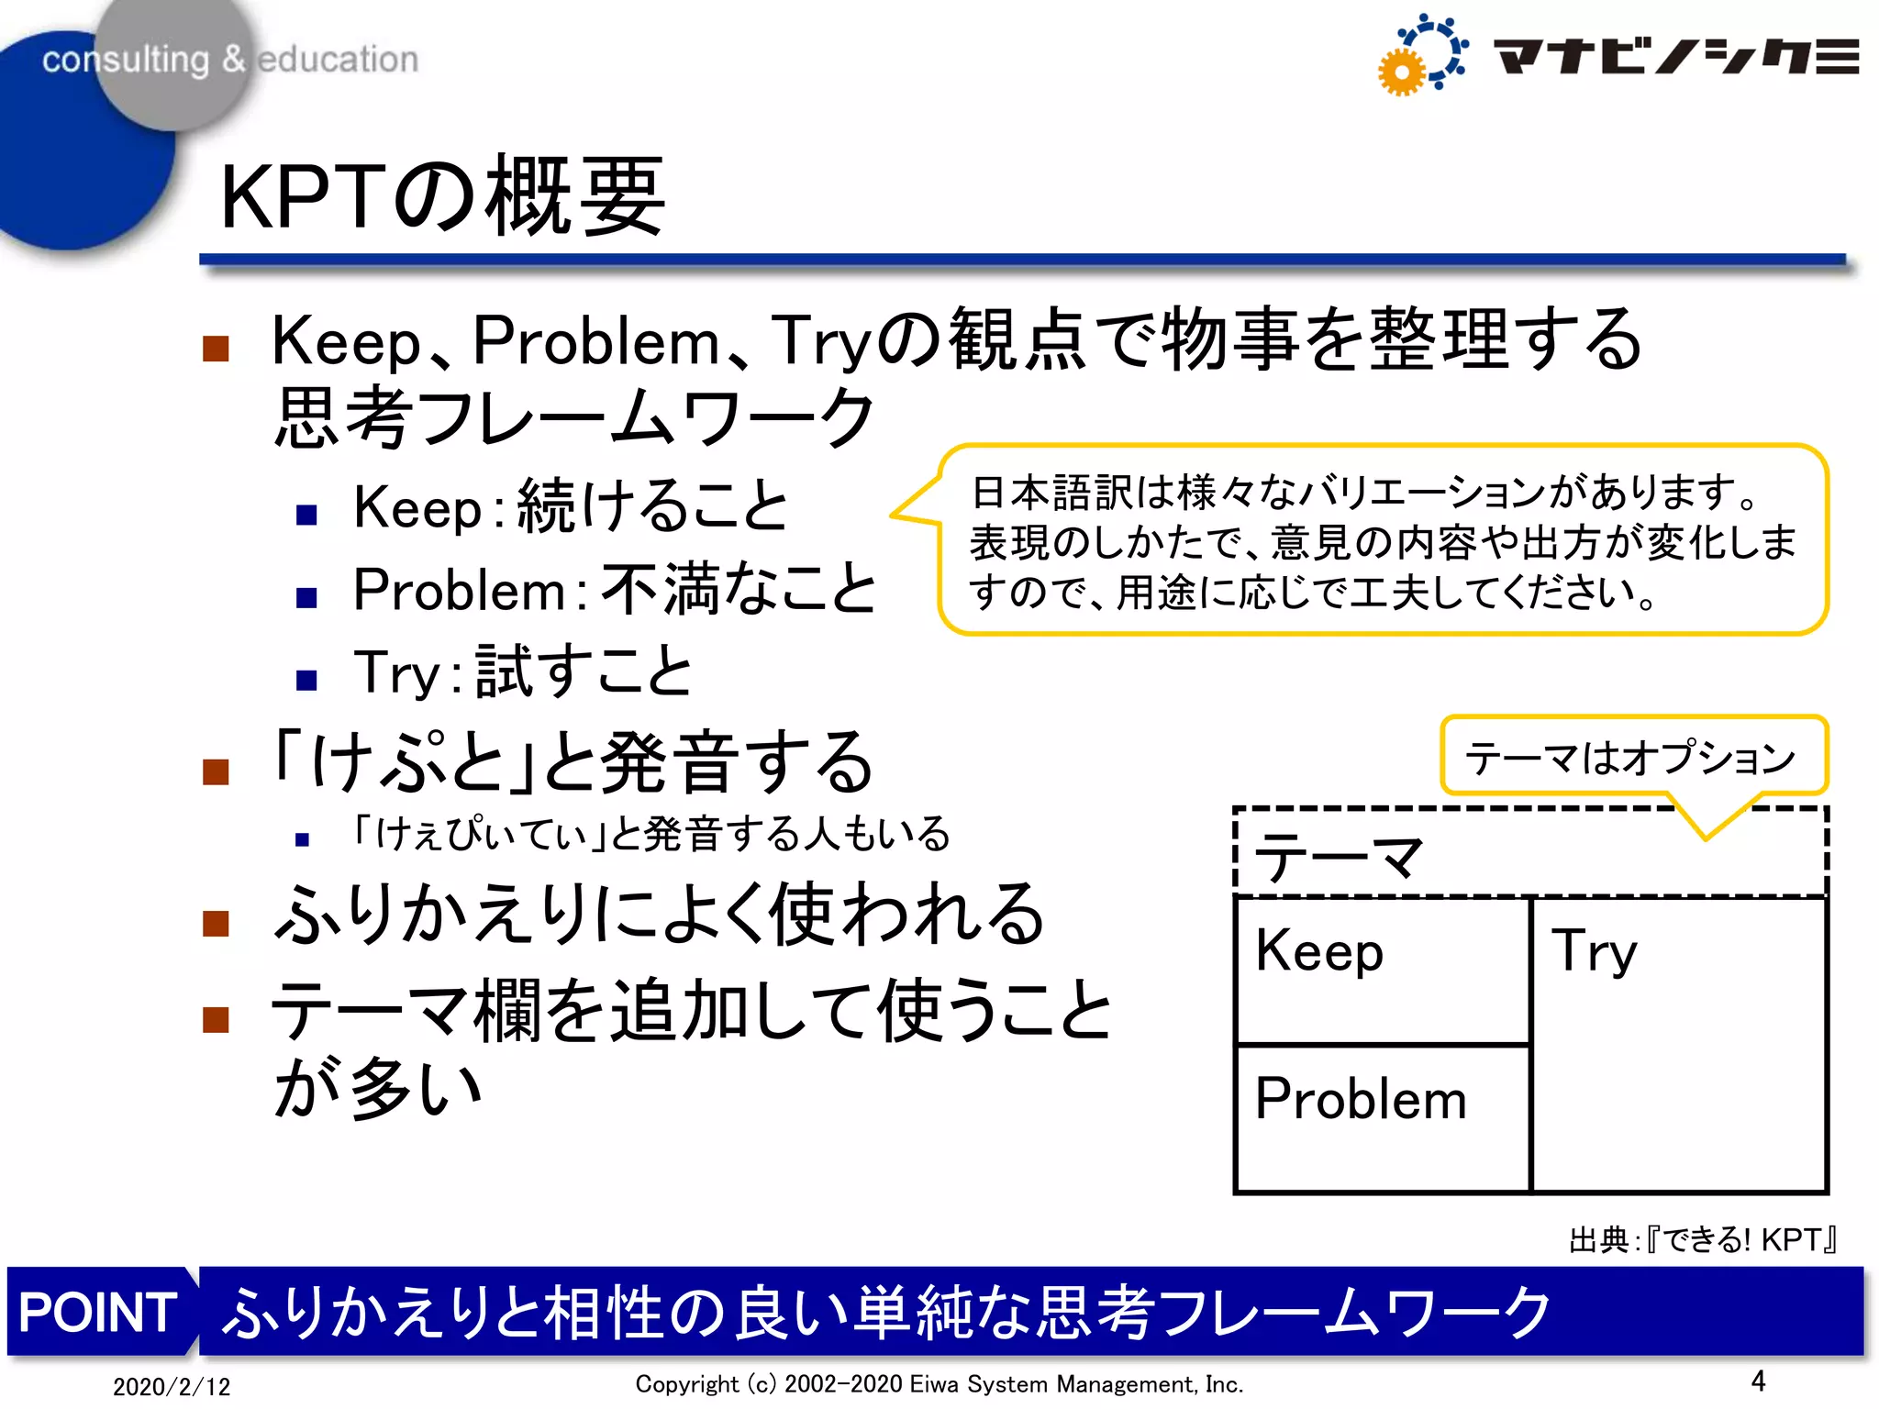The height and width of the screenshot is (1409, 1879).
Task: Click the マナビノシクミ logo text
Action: [x=1675, y=57]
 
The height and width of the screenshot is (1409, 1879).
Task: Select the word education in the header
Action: [x=338, y=60]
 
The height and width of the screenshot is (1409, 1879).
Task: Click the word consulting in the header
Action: [x=126, y=60]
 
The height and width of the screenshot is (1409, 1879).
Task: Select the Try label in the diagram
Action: [x=1595, y=951]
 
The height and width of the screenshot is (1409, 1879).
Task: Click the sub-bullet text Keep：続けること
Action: [x=571, y=506]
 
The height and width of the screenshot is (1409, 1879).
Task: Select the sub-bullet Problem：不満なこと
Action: [x=615, y=589]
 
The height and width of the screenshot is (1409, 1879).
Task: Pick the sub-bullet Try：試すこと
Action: [x=523, y=671]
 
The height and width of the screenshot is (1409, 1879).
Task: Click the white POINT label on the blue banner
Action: [x=98, y=1312]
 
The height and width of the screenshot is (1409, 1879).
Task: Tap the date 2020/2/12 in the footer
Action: [x=172, y=1386]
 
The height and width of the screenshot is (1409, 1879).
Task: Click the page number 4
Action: [x=1758, y=1381]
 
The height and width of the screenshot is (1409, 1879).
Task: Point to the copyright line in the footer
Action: [x=939, y=1383]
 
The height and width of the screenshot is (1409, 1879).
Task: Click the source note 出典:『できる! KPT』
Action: [x=1703, y=1240]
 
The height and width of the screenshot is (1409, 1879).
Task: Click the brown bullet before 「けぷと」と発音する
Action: [x=216, y=772]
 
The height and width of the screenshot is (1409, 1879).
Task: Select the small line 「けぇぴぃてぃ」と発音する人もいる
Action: [x=651, y=834]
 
